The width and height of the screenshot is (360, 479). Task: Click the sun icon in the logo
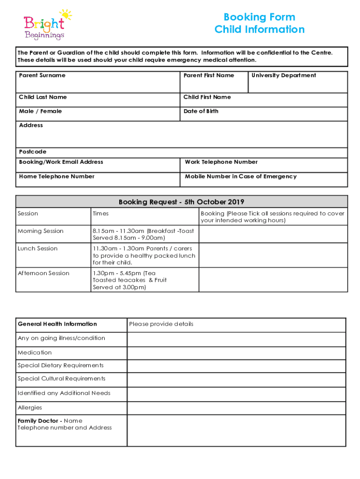[65, 15]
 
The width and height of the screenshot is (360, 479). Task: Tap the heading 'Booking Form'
[259, 17]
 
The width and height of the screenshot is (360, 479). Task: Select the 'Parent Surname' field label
[42, 75]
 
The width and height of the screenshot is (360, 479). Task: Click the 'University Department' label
[284, 75]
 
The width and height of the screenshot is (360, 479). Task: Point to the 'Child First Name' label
[207, 97]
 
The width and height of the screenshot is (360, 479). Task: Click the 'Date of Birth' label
[201, 111]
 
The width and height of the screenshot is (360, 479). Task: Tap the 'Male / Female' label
[40, 111]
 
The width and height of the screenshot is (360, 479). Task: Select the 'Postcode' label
[33, 152]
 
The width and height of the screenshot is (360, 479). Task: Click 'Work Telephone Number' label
[221, 162]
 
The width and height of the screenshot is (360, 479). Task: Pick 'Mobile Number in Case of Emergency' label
[241, 176]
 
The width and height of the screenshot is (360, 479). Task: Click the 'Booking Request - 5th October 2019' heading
[181, 202]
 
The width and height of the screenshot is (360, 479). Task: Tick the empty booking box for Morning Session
[273, 234]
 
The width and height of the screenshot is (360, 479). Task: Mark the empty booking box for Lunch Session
[273, 255]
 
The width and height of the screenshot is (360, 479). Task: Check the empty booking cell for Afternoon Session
[273, 280]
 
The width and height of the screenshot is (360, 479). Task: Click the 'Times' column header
[101, 214]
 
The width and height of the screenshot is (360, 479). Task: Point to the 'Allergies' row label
[30, 408]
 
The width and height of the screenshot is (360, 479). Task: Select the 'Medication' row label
[35, 353]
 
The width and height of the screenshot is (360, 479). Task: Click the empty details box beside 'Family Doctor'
[236, 430]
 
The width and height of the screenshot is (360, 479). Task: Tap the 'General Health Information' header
[57, 324]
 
